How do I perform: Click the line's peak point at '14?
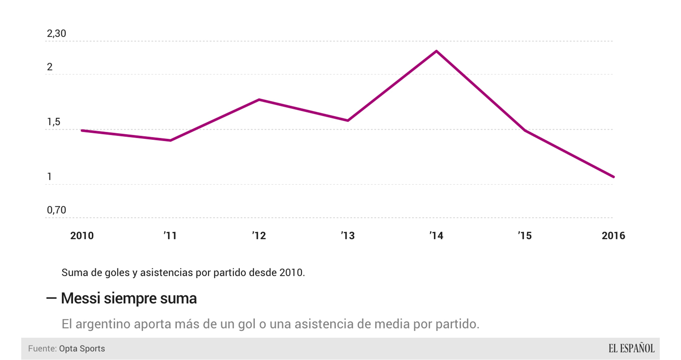pyautogui.click(x=436, y=51)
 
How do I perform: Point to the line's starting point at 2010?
pyautogui.click(x=82, y=131)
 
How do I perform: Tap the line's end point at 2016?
pyautogui.click(x=613, y=177)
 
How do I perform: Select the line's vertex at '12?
pyautogui.click(x=259, y=99)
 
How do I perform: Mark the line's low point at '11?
pyautogui.click(x=170, y=140)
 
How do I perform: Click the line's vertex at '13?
pyautogui.click(x=348, y=120)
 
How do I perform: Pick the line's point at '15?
pyautogui.click(x=525, y=130)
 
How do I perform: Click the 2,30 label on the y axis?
pyautogui.click(x=56, y=34)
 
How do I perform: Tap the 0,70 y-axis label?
pyautogui.click(x=56, y=210)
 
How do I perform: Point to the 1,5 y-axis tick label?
pyautogui.click(x=53, y=122)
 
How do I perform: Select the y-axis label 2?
pyautogui.click(x=49, y=67)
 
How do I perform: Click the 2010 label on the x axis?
pyautogui.click(x=82, y=235)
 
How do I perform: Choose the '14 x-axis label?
pyautogui.click(x=436, y=235)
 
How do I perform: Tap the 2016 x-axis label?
pyautogui.click(x=613, y=235)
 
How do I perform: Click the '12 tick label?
pyautogui.click(x=259, y=235)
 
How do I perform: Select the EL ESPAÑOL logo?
pyautogui.click(x=631, y=348)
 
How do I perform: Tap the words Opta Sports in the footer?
pyautogui.click(x=82, y=348)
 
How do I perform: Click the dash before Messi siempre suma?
pyautogui.click(x=51, y=298)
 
